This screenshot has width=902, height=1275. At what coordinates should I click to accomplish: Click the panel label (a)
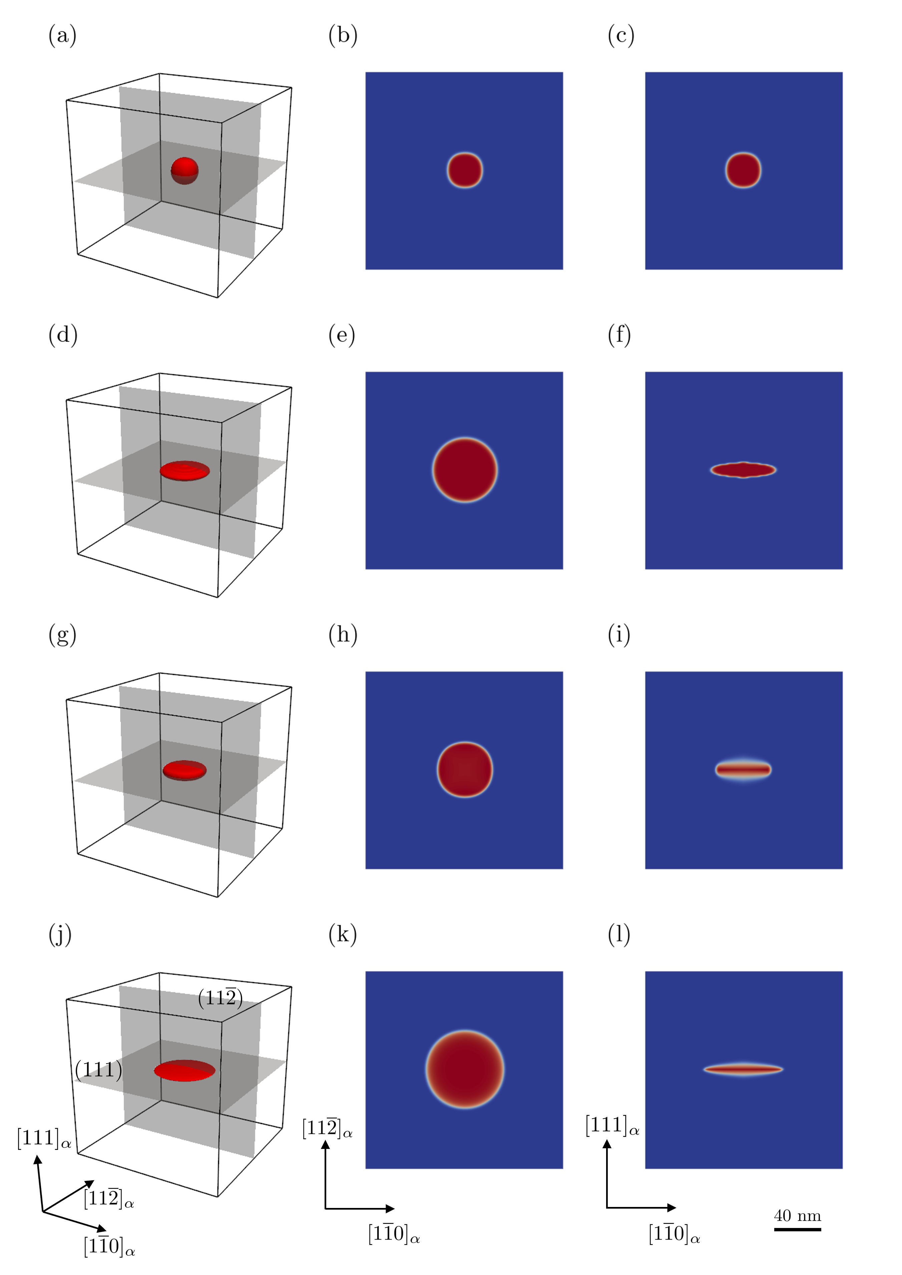(x=62, y=36)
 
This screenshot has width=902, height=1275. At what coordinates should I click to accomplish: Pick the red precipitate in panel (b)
(x=465, y=170)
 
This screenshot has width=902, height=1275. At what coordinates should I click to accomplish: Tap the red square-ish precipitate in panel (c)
(x=743, y=170)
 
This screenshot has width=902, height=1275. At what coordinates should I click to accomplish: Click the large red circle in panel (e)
(x=465, y=470)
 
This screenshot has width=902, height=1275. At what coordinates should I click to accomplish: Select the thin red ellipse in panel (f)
(x=743, y=470)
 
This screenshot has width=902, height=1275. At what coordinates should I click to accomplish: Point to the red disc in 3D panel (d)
(x=185, y=471)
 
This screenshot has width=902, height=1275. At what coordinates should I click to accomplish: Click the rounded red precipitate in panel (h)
(x=465, y=770)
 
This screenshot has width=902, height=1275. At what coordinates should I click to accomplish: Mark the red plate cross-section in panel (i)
(x=743, y=770)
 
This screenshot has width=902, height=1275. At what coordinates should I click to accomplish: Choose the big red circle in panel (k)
(x=465, y=1070)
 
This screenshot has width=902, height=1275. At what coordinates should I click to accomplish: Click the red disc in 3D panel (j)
(x=184, y=1071)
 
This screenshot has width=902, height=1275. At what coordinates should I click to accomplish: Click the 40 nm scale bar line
(x=798, y=1229)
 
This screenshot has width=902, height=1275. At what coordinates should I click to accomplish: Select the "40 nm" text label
(x=798, y=1216)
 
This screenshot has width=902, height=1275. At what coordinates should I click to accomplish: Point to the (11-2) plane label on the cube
(x=220, y=998)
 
